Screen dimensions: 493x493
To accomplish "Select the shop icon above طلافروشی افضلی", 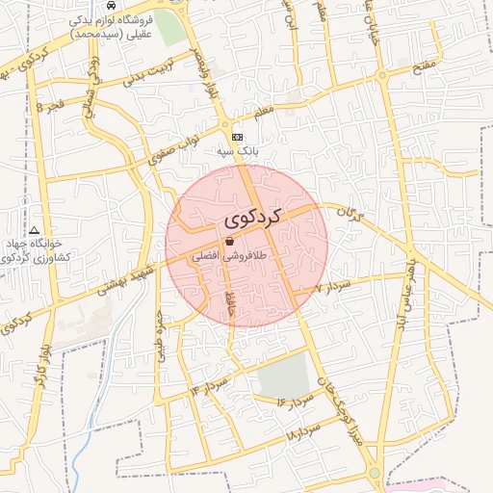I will (x=229, y=242).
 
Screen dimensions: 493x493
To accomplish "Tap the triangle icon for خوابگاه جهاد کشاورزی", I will (x=35, y=231).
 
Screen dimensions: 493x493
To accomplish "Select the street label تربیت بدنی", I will (x=149, y=78).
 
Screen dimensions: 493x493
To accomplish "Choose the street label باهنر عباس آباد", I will (x=408, y=279).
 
